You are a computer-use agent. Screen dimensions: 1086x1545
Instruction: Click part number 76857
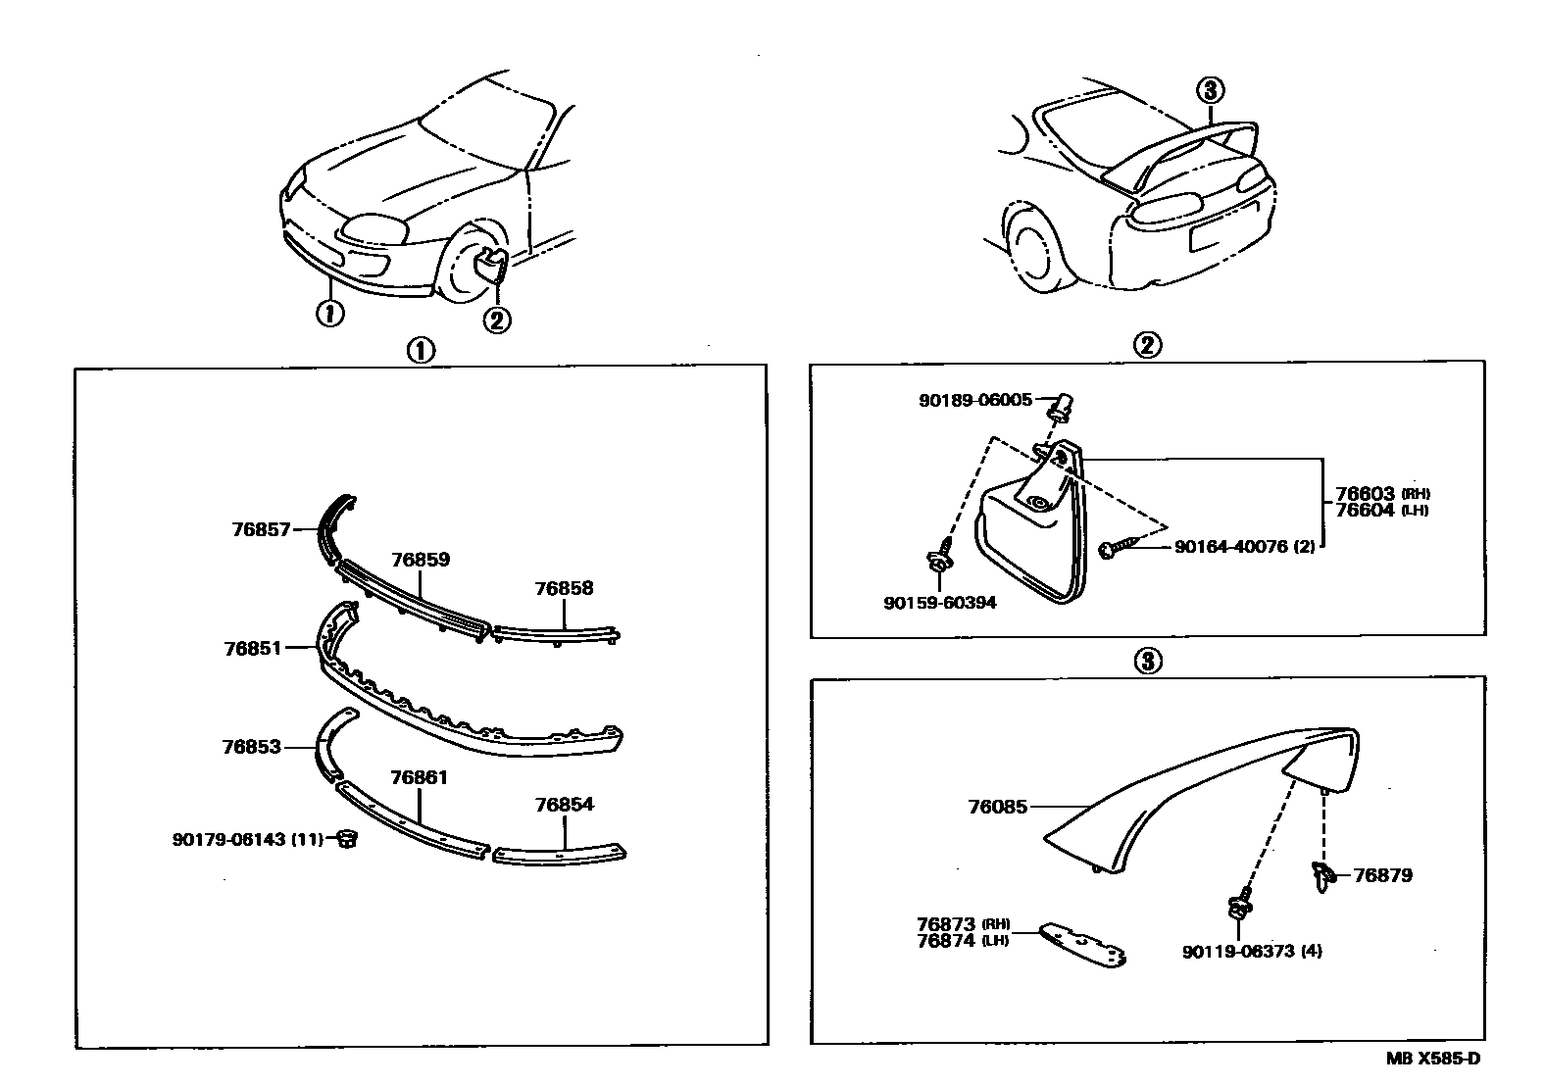point(261,530)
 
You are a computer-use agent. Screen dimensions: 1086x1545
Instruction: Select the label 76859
point(421,560)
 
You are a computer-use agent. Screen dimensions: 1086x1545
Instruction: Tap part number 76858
point(564,589)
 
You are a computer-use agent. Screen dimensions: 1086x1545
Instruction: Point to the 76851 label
point(253,648)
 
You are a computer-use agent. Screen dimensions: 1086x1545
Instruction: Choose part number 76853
point(251,747)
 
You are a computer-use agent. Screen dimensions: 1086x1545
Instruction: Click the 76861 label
point(419,778)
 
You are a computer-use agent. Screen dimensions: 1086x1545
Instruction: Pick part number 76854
point(564,805)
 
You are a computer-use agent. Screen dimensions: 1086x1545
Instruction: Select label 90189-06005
point(975,400)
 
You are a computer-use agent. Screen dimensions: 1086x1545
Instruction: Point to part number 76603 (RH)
point(1366,494)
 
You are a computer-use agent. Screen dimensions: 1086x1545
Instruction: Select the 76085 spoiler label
point(997,807)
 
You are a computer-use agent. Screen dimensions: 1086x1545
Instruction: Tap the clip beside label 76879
point(1321,874)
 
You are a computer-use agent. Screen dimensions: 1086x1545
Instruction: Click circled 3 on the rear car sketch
point(1211,90)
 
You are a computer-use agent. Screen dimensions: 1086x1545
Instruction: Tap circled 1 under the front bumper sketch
point(329,314)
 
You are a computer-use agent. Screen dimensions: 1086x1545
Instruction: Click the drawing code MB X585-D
point(1432,1059)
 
